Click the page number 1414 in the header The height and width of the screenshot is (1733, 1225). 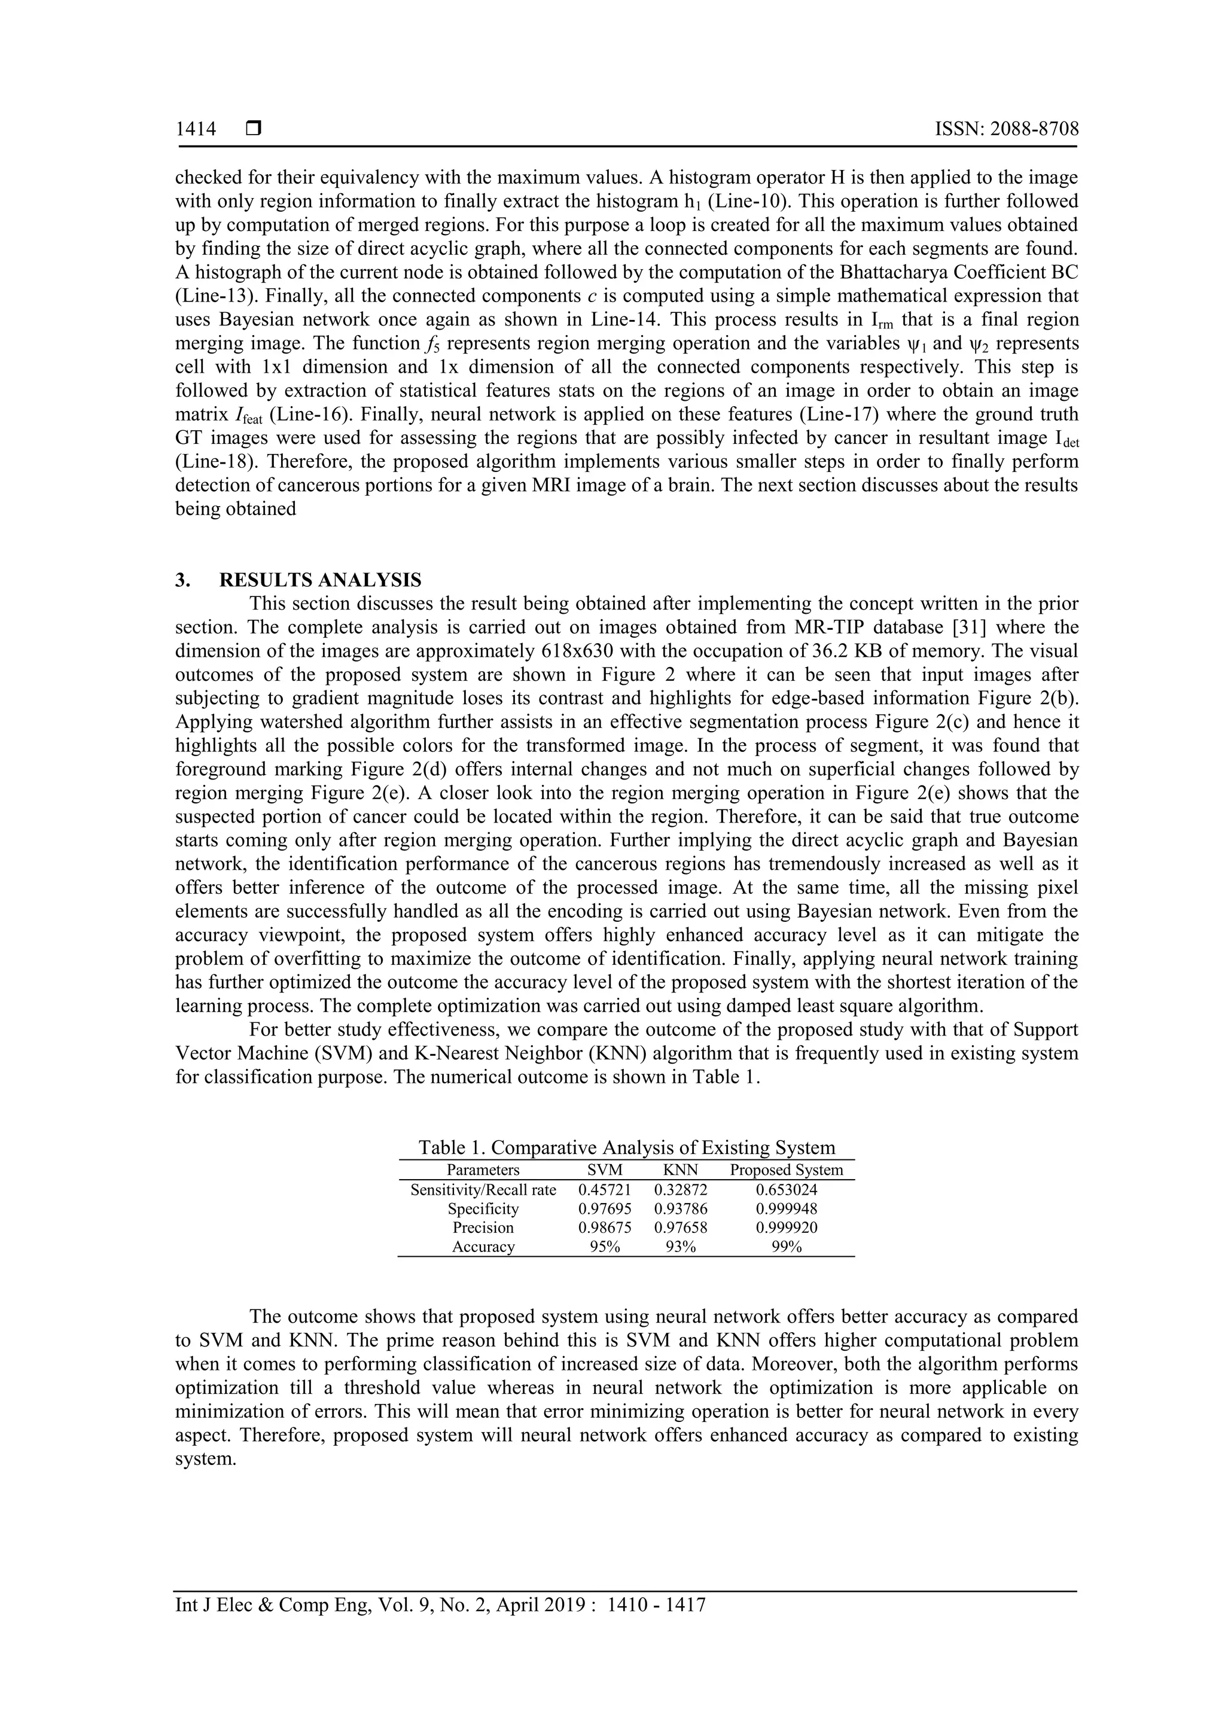pyautogui.click(x=196, y=129)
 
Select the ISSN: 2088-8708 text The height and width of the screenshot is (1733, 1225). pyautogui.click(x=1006, y=129)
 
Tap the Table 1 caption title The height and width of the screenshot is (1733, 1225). pyautogui.click(x=626, y=1147)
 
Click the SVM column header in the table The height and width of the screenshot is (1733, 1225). pyautogui.click(x=605, y=1170)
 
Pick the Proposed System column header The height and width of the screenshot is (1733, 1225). pyautogui.click(x=786, y=1170)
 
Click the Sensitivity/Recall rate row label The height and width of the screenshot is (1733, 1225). pyautogui.click(x=483, y=1190)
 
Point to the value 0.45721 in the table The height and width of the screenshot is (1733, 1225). pyautogui.click(x=605, y=1190)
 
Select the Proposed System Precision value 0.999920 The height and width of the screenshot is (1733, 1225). pyautogui.click(x=787, y=1228)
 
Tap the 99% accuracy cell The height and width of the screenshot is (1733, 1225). pyautogui.click(x=787, y=1247)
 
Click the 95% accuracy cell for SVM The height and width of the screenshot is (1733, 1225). pyautogui.click(x=605, y=1247)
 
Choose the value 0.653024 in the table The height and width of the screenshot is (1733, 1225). pyautogui.click(x=787, y=1190)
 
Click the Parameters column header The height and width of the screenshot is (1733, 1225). pyautogui.click(x=483, y=1170)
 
